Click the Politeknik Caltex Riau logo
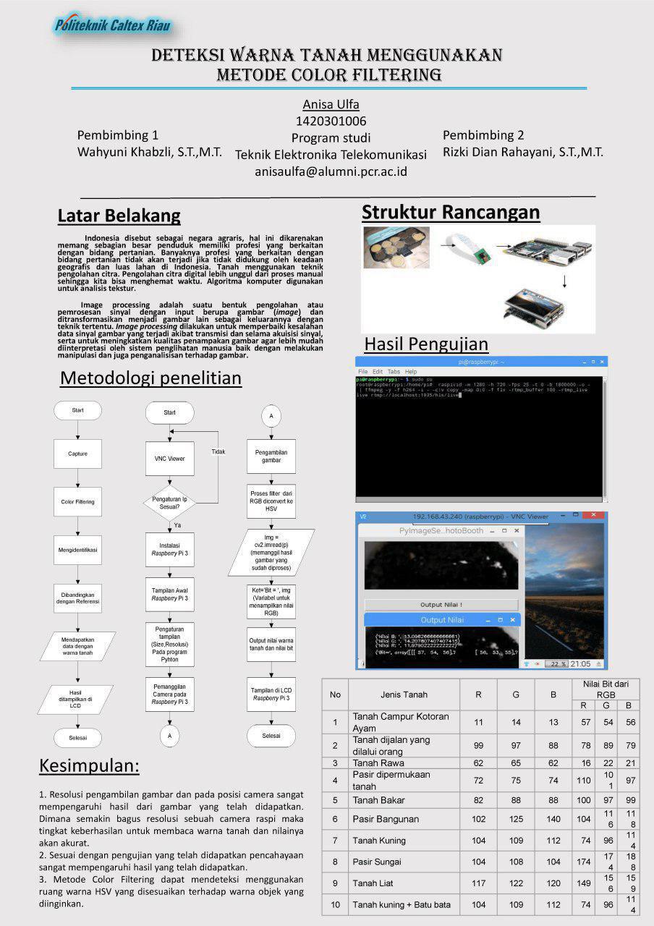tap(113, 26)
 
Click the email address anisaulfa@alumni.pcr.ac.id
tap(331, 171)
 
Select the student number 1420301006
tap(331, 121)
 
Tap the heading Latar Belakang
tap(119, 216)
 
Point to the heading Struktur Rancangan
tap(451, 212)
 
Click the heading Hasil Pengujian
tap(426, 343)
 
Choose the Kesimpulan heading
tap(89, 765)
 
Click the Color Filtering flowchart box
tap(77, 501)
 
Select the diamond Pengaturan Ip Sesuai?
tap(169, 503)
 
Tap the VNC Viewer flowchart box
tap(169, 459)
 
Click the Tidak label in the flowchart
tap(218, 451)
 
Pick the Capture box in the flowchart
tap(77, 454)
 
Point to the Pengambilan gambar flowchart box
tap(271, 455)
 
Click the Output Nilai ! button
tap(441, 605)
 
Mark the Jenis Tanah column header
tap(404, 694)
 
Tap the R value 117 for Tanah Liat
tap(478, 883)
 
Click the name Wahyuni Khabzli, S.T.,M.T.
tap(150, 152)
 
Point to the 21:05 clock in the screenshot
tap(581, 663)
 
